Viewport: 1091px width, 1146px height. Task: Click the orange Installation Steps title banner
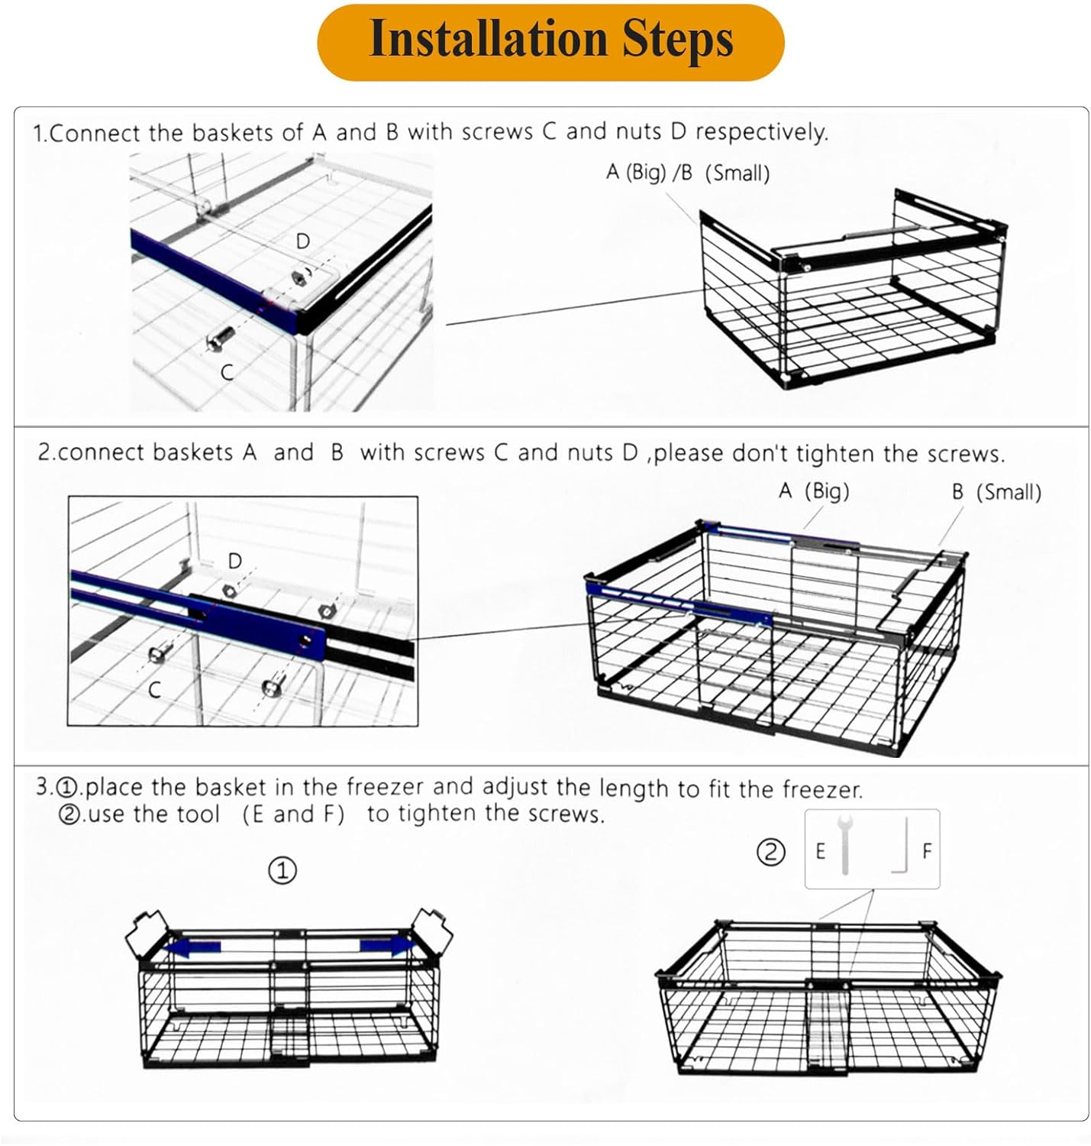[x=550, y=41]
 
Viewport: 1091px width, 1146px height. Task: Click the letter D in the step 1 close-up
[x=303, y=241]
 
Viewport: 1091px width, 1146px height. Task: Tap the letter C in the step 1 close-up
[x=227, y=372]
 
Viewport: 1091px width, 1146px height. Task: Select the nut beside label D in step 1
[x=299, y=276]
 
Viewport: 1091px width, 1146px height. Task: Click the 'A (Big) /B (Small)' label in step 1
[x=687, y=173]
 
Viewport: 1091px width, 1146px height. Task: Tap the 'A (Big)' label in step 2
[x=813, y=491]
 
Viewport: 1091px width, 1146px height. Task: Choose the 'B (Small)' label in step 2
[x=996, y=492]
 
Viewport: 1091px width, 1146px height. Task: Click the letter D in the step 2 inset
[x=235, y=561]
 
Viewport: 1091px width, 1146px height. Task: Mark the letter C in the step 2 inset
[x=154, y=690]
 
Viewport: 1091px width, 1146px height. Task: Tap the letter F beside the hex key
[x=927, y=850]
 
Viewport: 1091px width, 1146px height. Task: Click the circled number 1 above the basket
[x=282, y=870]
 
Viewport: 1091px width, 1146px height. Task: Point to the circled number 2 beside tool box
[x=770, y=851]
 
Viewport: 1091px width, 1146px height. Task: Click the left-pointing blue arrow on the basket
[x=193, y=948]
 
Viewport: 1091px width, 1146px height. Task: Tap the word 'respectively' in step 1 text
[x=760, y=132]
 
